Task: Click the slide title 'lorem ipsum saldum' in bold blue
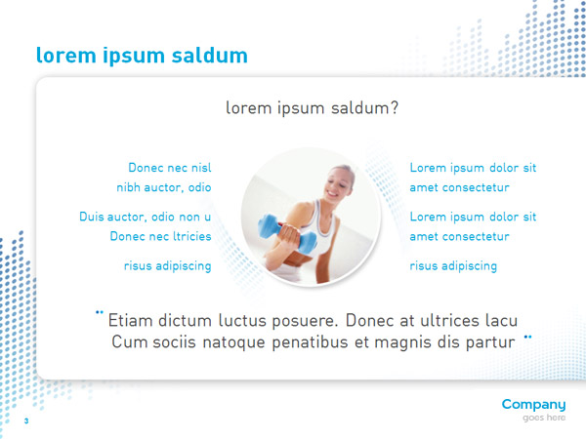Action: [142, 56]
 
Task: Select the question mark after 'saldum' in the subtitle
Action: [395, 108]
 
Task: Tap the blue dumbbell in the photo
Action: [287, 234]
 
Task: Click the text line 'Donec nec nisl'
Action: [170, 168]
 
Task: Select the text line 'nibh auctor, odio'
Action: [164, 187]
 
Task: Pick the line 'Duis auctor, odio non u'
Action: [145, 217]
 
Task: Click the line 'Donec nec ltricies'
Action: [161, 236]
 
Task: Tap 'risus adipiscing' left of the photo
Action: [167, 265]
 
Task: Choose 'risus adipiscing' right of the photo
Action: [453, 265]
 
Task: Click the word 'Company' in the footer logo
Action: [533, 405]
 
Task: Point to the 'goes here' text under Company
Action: [544, 418]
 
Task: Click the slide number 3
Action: [26, 421]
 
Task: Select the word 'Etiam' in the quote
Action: [130, 320]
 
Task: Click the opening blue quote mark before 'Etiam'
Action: [100, 312]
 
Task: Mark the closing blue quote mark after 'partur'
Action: [527, 337]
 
